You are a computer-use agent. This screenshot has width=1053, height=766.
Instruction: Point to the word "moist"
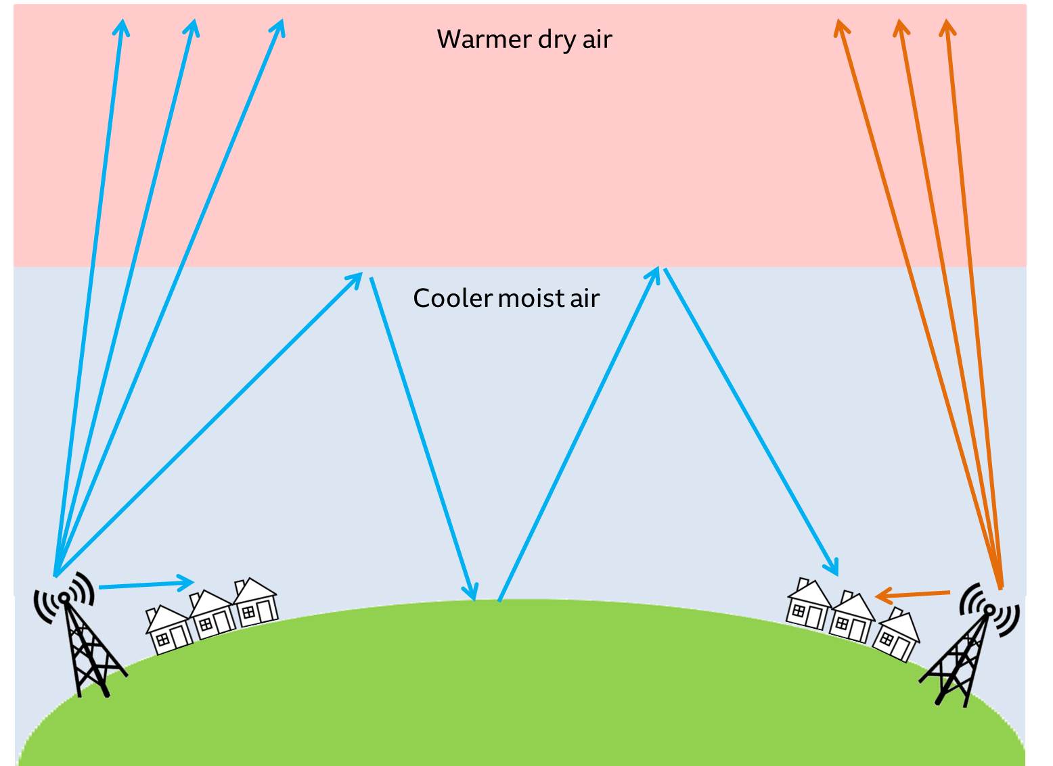[x=525, y=298]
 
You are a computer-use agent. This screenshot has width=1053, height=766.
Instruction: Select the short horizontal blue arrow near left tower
[x=146, y=584]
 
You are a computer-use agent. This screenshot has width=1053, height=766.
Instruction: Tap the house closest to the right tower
[x=897, y=635]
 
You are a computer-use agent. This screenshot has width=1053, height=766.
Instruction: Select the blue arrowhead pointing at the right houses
[x=835, y=570]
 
